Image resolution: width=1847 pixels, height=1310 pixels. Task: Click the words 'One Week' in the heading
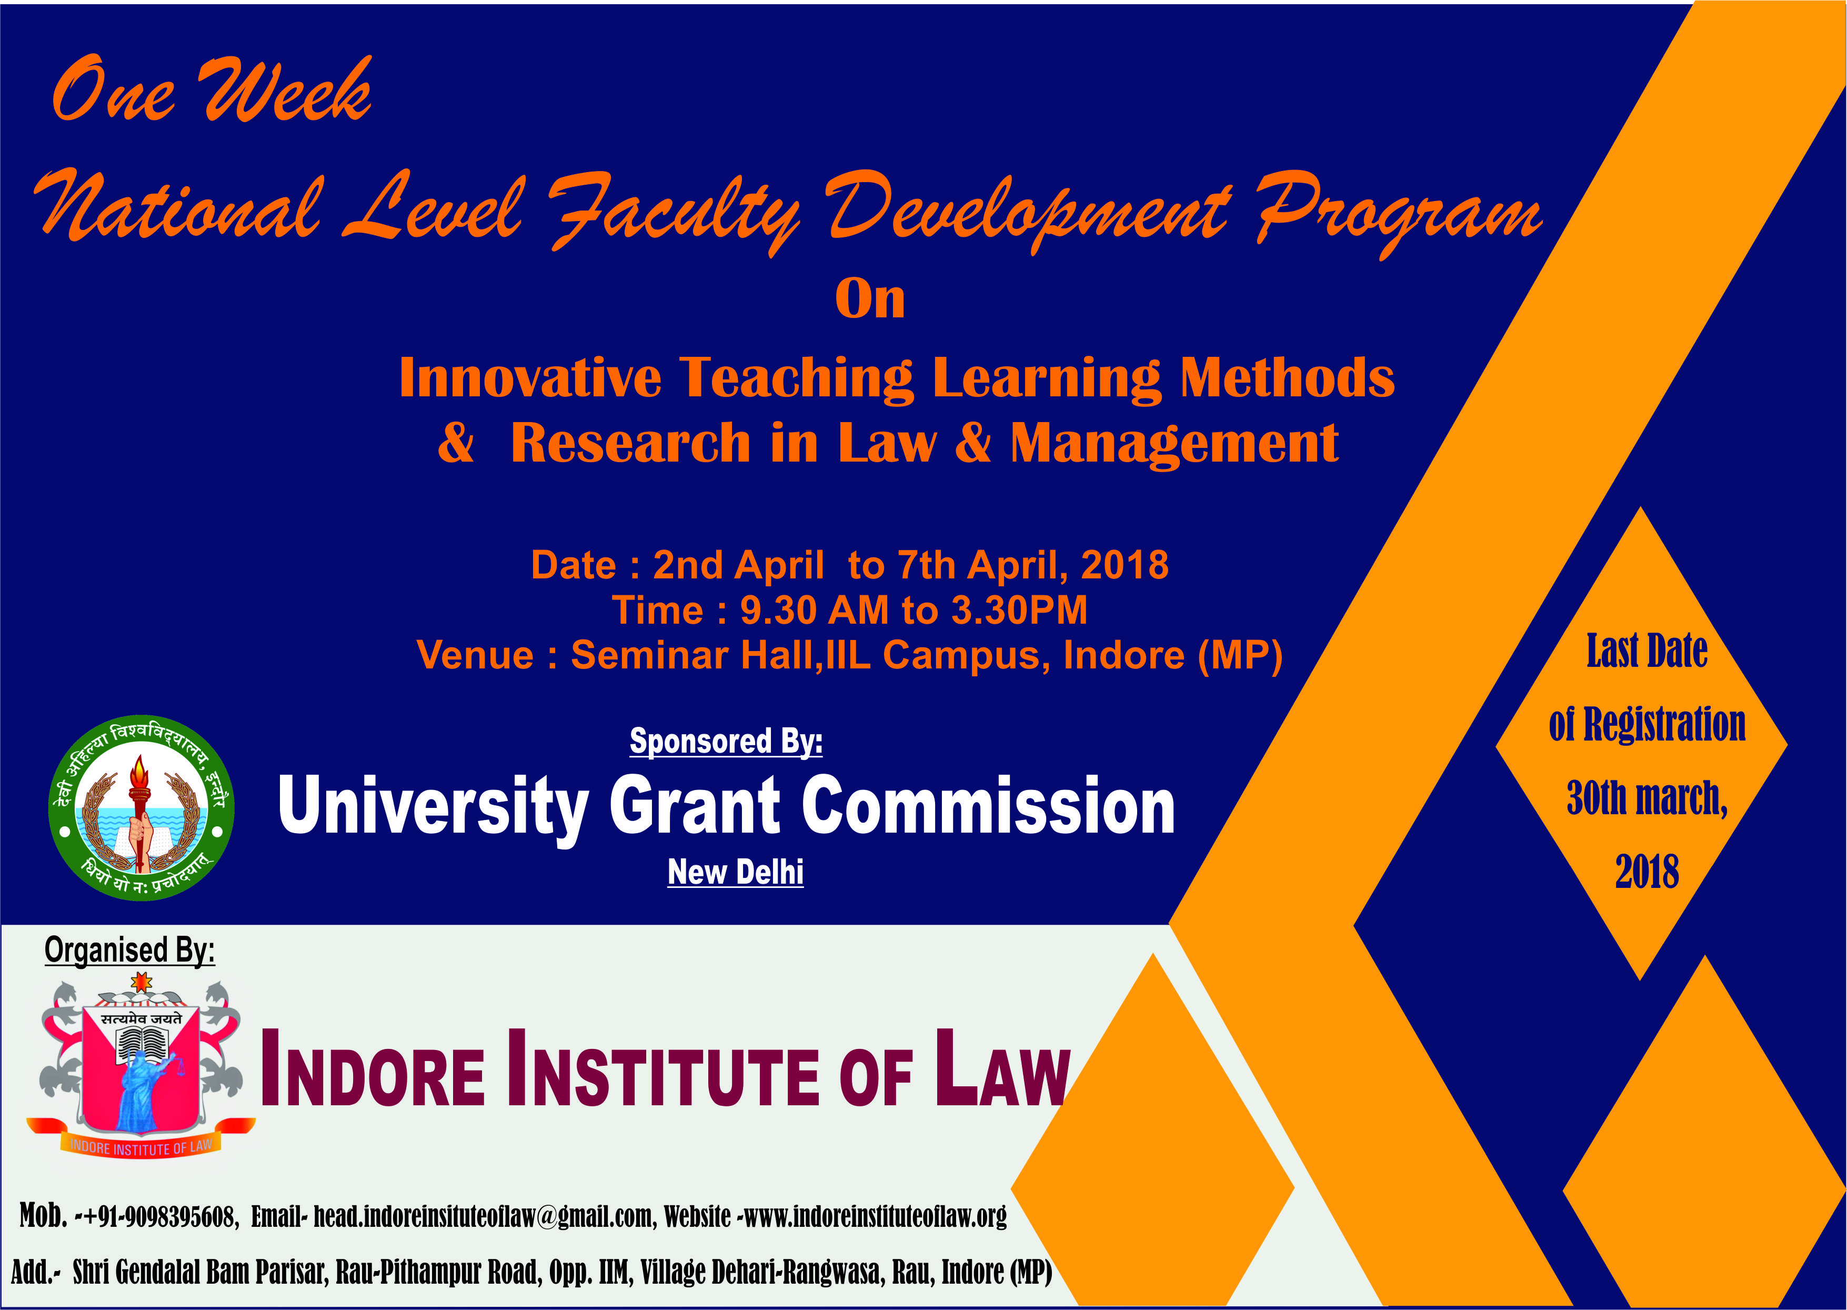click(212, 91)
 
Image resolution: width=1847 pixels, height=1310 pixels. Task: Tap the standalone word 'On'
click(870, 299)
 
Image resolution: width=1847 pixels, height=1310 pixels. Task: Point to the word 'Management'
click(1175, 444)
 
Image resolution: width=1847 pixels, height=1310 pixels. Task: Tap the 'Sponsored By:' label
click(726, 741)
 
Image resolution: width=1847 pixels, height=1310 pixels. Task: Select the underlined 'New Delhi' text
click(736, 872)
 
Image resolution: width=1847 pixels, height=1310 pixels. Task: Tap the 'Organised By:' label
click(130, 950)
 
